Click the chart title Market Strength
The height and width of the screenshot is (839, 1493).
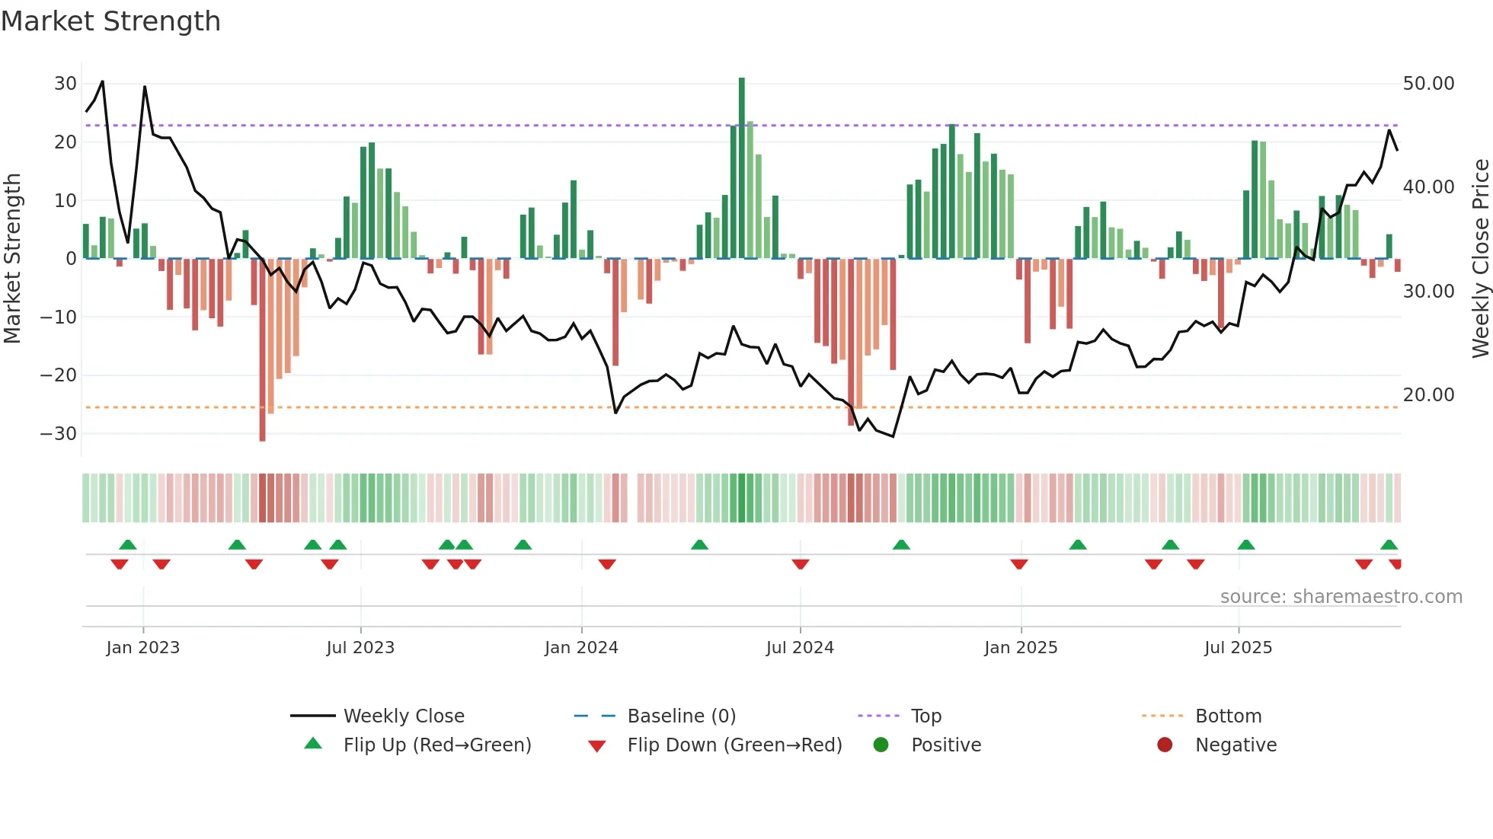[x=110, y=21]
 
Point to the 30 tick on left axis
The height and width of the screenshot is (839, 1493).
[x=66, y=84]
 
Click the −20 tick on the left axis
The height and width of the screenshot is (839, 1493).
[x=59, y=375]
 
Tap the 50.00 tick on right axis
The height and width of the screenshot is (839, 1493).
[x=1428, y=84]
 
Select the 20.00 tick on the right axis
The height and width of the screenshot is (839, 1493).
[x=1428, y=395]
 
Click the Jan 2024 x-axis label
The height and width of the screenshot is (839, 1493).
[x=581, y=648]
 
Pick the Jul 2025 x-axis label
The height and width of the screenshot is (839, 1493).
[x=1238, y=648]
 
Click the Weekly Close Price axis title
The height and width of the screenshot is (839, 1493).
[x=1480, y=259]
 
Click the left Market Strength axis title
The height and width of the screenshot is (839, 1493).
[x=12, y=259]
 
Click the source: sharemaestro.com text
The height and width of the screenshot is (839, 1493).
[x=1341, y=597]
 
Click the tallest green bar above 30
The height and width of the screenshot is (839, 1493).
[x=742, y=167]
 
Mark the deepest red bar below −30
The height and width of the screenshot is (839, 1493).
[x=263, y=350]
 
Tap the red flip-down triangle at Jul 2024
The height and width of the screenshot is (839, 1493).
[x=800, y=564]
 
